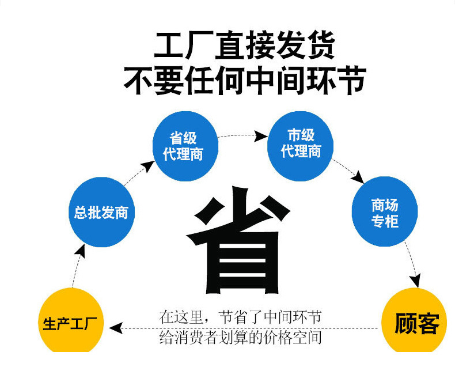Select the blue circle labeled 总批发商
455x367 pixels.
[x=101, y=212]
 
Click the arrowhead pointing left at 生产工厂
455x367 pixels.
[x=116, y=328]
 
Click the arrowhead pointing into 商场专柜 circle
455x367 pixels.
[x=359, y=177]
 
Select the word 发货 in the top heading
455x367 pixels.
[x=305, y=47]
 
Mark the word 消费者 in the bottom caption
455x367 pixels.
[x=202, y=336]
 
